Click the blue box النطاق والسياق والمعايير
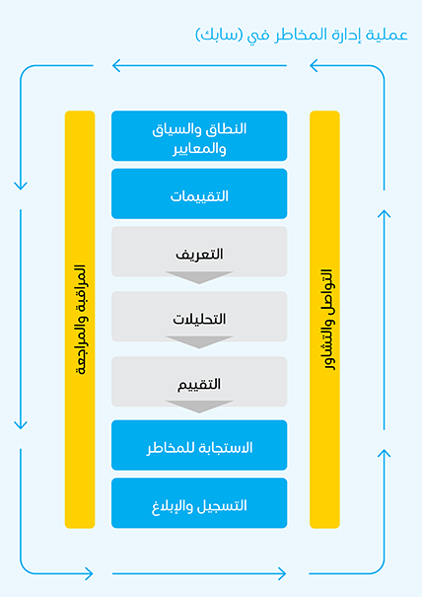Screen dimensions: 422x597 [x=199, y=136]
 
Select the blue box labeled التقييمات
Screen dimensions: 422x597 [x=199, y=193]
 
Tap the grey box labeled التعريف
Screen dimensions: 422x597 [x=199, y=252]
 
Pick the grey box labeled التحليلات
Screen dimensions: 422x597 [x=199, y=317]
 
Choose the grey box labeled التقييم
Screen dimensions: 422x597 [x=199, y=382]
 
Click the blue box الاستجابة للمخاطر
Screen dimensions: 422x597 [x=199, y=445]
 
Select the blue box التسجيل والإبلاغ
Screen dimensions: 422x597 [x=199, y=503]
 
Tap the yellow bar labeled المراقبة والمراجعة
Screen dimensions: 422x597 [x=80, y=320]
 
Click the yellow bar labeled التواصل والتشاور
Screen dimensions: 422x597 [x=324, y=320]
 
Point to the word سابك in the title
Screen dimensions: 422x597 [x=220, y=35]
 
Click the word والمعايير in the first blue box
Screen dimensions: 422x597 [x=199, y=148]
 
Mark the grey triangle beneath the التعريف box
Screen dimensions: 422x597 [x=199, y=277]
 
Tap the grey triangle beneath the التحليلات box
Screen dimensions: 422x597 [x=199, y=341]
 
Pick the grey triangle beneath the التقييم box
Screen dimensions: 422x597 [x=199, y=407]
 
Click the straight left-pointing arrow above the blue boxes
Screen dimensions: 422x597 [x=199, y=65]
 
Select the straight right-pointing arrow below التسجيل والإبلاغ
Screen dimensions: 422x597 [x=199, y=573]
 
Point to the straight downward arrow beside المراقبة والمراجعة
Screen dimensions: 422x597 [x=21, y=320]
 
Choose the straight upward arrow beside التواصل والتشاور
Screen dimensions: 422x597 [x=384, y=320]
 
